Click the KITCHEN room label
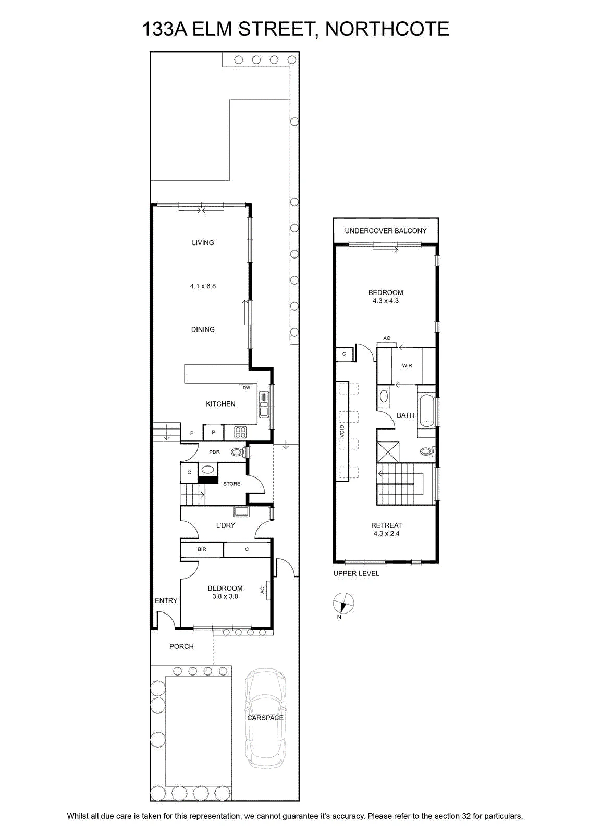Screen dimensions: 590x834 (220, 403)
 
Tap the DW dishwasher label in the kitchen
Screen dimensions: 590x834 (246, 388)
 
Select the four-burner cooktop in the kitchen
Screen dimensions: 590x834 (240, 432)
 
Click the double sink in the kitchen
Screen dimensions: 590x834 (264, 404)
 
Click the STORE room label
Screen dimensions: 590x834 (231, 484)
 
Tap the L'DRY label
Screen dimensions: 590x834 (226, 525)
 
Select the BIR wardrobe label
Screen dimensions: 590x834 (202, 549)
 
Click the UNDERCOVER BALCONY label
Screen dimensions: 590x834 (385, 231)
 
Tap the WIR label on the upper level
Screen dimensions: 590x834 (407, 365)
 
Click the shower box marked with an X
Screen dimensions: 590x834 (388, 452)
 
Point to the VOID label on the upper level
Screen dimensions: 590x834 (342, 432)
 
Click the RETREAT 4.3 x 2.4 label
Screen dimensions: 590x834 (386, 529)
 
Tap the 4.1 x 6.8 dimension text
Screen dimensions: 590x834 (203, 286)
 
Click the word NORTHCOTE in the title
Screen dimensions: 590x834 (387, 29)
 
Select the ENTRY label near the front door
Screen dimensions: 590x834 (166, 600)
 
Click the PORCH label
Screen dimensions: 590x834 (181, 647)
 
